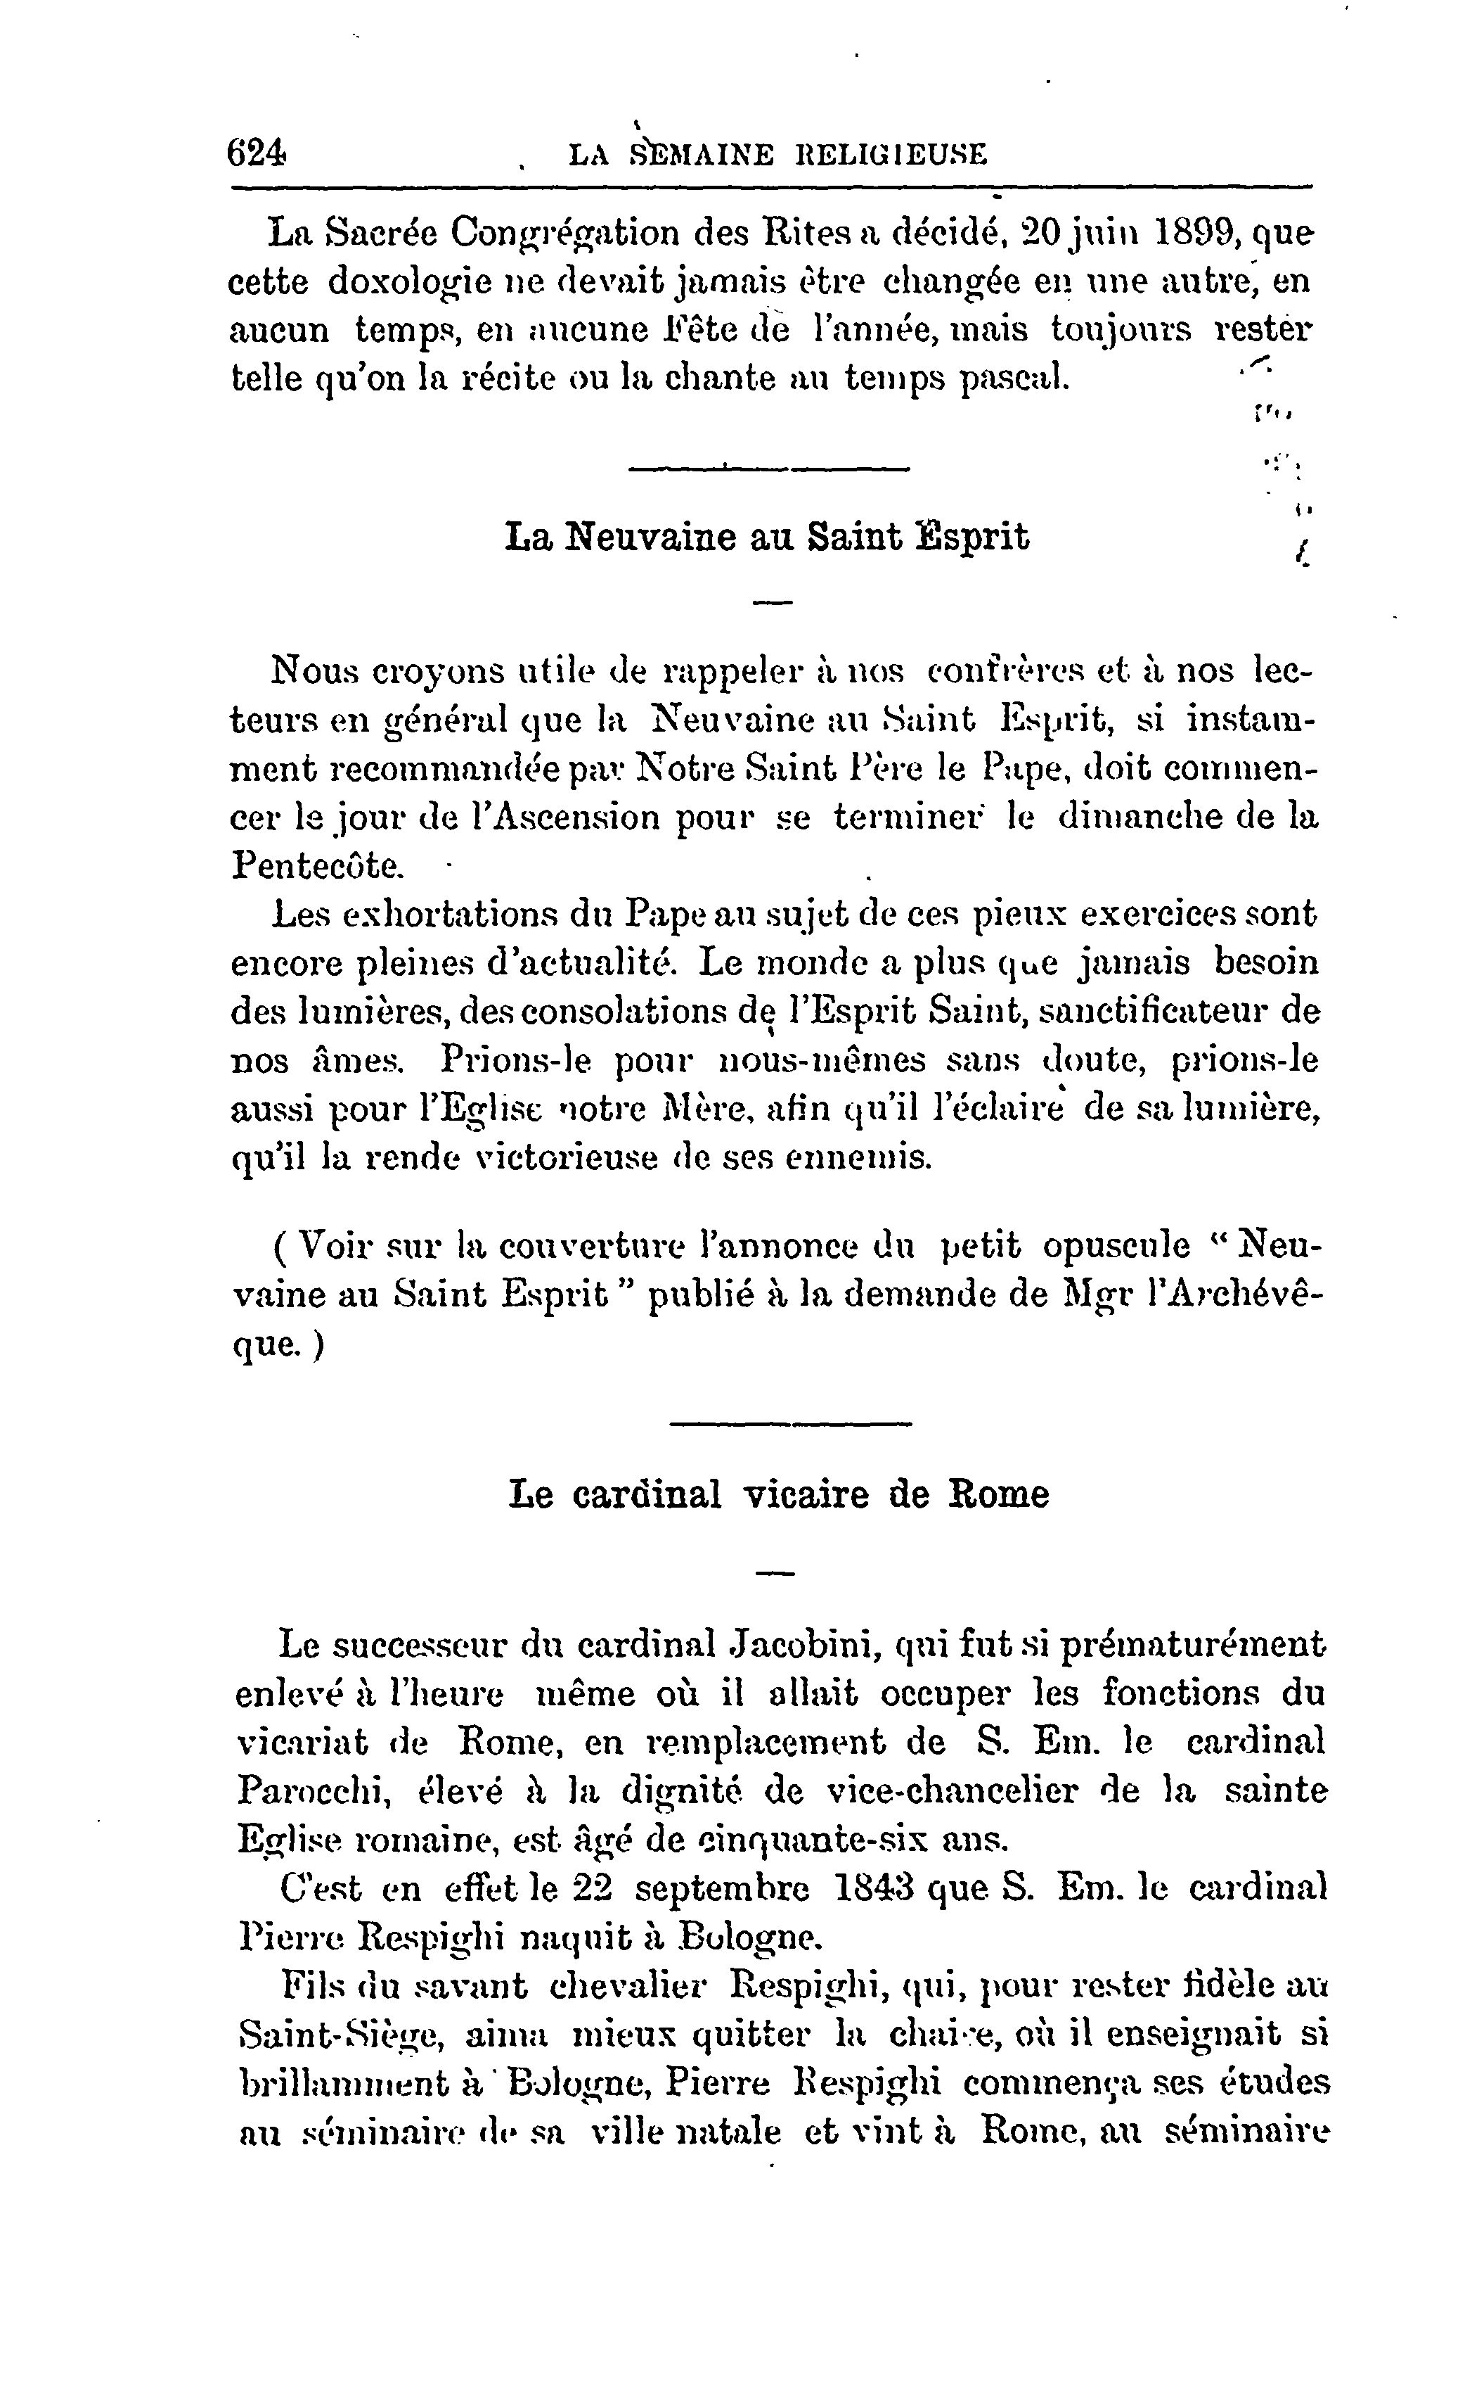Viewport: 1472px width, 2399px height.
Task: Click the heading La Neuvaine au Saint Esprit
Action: [x=767, y=537]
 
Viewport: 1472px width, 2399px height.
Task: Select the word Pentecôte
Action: [x=316, y=865]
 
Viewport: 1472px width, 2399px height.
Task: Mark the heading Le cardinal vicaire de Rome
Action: [x=778, y=1494]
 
